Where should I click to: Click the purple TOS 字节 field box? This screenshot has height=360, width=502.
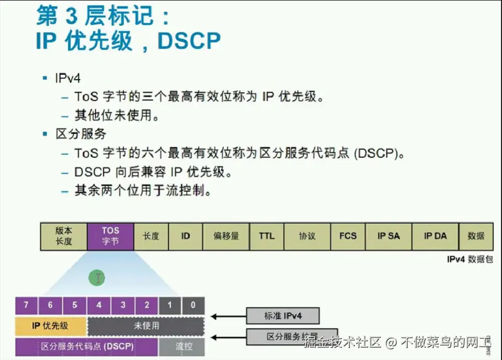[110, 236]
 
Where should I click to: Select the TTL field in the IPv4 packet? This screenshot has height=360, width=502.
[266, 236]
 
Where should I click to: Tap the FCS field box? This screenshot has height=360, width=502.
[348, 236]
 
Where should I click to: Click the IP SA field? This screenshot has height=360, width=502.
[388, 236]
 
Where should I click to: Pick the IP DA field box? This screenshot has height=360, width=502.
[435, 236]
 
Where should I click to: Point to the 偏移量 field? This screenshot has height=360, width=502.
[226, 236]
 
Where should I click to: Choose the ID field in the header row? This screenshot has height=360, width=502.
[185, 236]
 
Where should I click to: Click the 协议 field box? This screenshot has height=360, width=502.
[307, 236]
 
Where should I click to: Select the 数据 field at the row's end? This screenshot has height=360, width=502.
[476, 236]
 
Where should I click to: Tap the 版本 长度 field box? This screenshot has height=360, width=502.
[64, 236]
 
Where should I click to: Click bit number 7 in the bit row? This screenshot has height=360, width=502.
[27, 305]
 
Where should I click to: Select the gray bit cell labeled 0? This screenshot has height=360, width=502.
[193, 305]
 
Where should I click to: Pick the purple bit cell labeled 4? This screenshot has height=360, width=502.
[99, 305]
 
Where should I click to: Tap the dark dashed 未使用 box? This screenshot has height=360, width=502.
[146, 326]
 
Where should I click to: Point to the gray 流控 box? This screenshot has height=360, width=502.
[182, 346]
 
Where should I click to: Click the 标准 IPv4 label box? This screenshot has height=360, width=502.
[283, 316]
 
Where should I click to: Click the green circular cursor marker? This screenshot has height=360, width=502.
[97, 278]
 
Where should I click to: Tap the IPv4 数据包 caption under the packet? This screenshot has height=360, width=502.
[470, 259]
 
